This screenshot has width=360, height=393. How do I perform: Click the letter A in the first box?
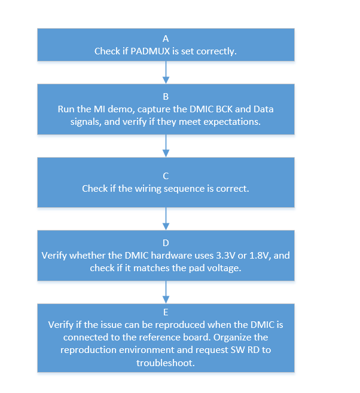(166, 38)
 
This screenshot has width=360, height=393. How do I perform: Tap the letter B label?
(166, 96)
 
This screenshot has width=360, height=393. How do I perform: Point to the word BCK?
(229, 109)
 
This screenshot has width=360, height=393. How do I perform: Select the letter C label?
(166, 176)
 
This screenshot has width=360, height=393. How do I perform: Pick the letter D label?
(166, 242)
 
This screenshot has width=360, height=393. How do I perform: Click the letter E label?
(166, 312)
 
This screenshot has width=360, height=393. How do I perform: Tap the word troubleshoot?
(166, 363)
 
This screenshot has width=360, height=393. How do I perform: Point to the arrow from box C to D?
(166, 219)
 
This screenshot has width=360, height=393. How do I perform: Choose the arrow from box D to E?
(166, 292)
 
